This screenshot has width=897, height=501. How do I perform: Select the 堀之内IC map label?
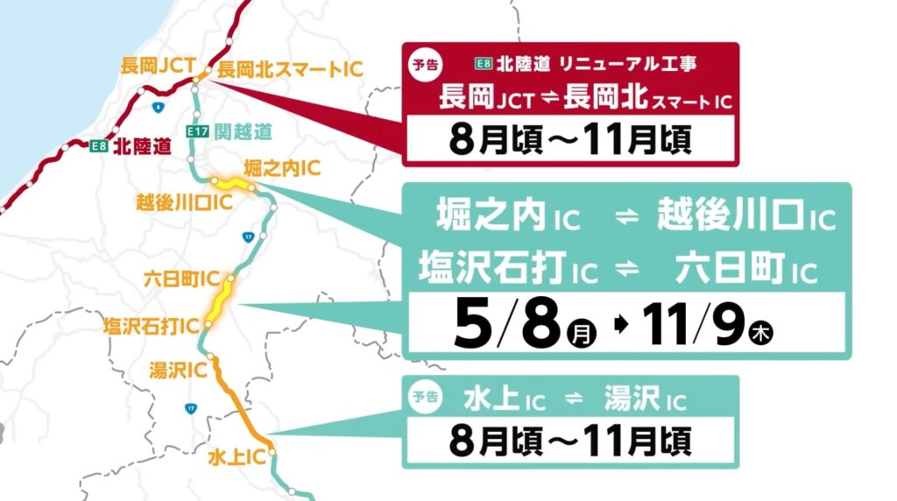pyautogui.click(x=282, y=167)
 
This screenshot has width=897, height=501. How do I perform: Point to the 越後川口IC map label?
pyautogui.click(x=183, y=203)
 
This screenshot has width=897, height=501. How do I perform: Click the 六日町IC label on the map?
pyautogui.click(x=181, y=280)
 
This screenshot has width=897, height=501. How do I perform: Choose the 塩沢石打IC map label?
pyautogui.click(x=153, y=327)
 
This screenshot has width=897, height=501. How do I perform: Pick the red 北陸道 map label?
pyautogui.click(x=142, y=147)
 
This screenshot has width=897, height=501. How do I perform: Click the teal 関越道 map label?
pyautogui.click(x=243, y=131)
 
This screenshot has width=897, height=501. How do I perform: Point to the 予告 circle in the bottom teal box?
pyautogui.click(x=426, y=397)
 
